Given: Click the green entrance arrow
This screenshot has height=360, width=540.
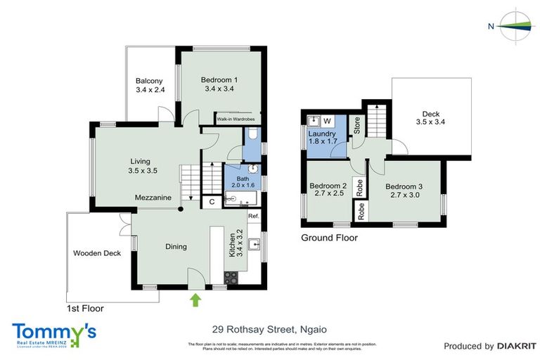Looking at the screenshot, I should click(195, 300).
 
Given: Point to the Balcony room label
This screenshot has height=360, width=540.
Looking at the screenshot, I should click(150, 85).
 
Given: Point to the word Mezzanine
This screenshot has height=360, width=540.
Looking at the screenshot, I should click(153, 198).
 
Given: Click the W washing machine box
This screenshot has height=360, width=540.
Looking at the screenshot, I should click(327, 120).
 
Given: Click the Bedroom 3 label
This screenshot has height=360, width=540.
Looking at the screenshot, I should click(405, 191).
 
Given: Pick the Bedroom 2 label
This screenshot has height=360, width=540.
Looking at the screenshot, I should click(328, 191).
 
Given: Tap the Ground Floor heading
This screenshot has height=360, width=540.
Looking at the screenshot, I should click(329, 238).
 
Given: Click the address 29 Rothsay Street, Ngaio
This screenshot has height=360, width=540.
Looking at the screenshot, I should click(269, 328).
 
